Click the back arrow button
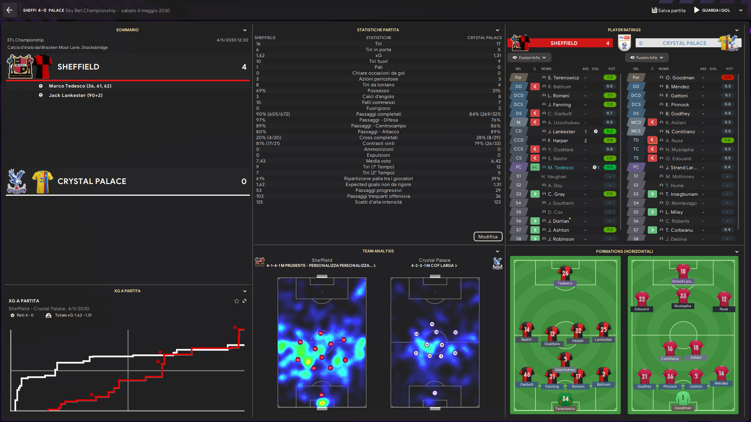(x=9, y=10)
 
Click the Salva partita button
(x=668, y=11)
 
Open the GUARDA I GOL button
(x=712, y=11)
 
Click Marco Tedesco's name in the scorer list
(x=66, y=86)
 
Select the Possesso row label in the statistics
(x=378, y=91)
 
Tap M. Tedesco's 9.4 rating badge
(x=609, y=167)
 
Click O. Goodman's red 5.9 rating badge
(x=728, y=77)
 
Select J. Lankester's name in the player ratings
(x=561, y=132)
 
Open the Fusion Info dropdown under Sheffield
(x=529, y=57)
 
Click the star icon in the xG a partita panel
(x=236, y=301)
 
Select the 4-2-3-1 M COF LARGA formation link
(x=434, y=266)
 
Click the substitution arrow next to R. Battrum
(x=535, y=86)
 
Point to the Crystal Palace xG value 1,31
(x=497, y=55)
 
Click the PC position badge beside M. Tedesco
(x=518, y=167)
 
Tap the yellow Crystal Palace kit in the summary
(x=42, y=182)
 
